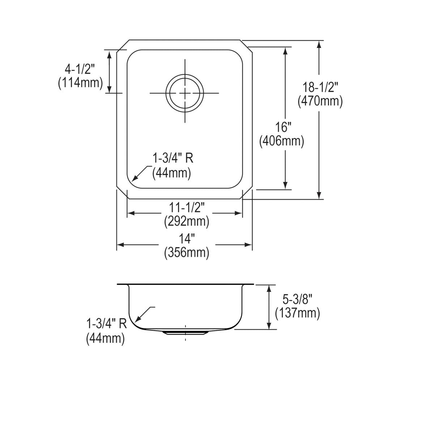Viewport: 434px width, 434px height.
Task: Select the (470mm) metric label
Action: [320, 101]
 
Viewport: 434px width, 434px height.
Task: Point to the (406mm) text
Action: [282, 141]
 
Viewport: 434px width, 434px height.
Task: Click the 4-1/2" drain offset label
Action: [80, 69]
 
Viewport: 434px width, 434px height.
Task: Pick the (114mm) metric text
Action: [80, 83]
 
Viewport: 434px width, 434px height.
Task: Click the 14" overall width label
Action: [187, 239]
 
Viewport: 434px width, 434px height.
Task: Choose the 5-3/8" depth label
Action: [297, 299]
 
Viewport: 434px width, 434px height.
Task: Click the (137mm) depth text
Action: [297, 313]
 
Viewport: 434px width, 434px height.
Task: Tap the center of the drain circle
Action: [185, 93]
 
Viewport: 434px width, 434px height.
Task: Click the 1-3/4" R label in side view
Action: [106, 323]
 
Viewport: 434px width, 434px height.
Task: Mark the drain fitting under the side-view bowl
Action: [185, 332]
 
